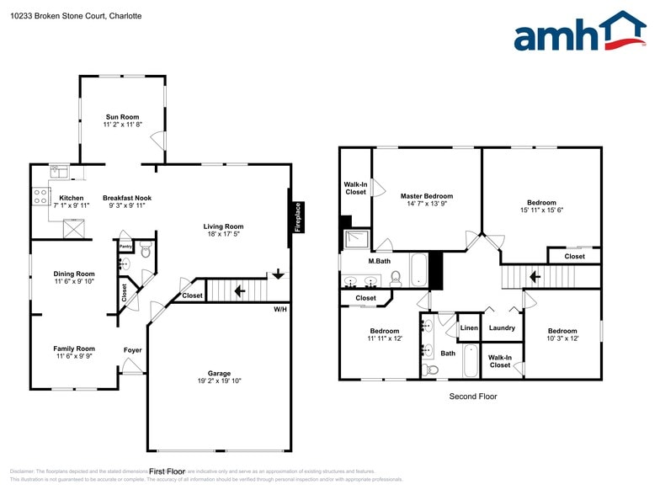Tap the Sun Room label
pos(123,117)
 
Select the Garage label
pos(219,374)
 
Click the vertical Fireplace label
pos(298,217)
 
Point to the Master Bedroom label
pos(427,196)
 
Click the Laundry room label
pos(502,328)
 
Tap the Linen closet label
pos(469,328)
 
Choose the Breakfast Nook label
pos(127,198)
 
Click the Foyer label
pos(133,349)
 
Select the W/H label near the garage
pos(279,309)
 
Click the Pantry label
pos(125,246)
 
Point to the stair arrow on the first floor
pos(239,291)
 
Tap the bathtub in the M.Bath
pos(418,269)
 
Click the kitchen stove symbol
pos(40,197)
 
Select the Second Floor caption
pos(472,397)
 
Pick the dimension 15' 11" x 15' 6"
pos(541,210)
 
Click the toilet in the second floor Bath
pos(432,369)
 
